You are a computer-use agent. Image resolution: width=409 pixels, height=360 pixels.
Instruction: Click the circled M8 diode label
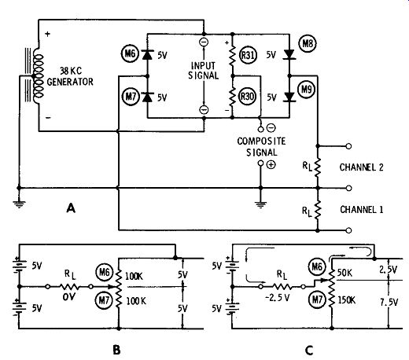[308, 43]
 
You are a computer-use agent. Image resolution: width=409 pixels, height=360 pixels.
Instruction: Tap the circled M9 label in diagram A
[306, 90]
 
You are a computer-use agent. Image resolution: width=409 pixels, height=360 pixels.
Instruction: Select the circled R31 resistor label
[248, 55]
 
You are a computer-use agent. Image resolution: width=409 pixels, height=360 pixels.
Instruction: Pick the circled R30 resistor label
[247, 97]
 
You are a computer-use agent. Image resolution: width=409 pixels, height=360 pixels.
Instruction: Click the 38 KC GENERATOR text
[70, 76]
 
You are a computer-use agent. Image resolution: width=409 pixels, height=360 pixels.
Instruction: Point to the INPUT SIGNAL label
[204, 71]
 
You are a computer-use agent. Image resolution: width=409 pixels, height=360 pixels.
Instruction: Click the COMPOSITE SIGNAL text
[261, 147]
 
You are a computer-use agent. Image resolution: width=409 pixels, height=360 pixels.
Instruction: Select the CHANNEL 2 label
[361, 167]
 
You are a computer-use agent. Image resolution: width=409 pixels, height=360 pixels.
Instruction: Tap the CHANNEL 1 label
[362, 210]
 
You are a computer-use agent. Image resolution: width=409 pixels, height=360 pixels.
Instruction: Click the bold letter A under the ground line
[71, 208]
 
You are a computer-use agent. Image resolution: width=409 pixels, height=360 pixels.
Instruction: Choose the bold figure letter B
[116, 350]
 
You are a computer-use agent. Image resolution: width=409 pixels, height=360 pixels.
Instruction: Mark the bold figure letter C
[309, 351]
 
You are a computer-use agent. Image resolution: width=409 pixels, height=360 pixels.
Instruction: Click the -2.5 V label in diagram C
[278, 298]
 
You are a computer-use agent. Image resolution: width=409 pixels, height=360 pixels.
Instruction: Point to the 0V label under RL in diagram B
[69, 297]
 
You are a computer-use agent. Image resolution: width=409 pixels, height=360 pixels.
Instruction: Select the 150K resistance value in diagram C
[347, 300]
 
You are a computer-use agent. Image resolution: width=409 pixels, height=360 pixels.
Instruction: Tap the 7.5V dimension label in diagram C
[389, 303]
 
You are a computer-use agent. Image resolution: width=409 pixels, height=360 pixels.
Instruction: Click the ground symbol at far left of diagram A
[19, 204]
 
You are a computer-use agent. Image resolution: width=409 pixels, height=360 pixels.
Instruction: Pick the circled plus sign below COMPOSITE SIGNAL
[271, 164]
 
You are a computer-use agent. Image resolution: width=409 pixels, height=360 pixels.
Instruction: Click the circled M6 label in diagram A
[130, 54]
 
